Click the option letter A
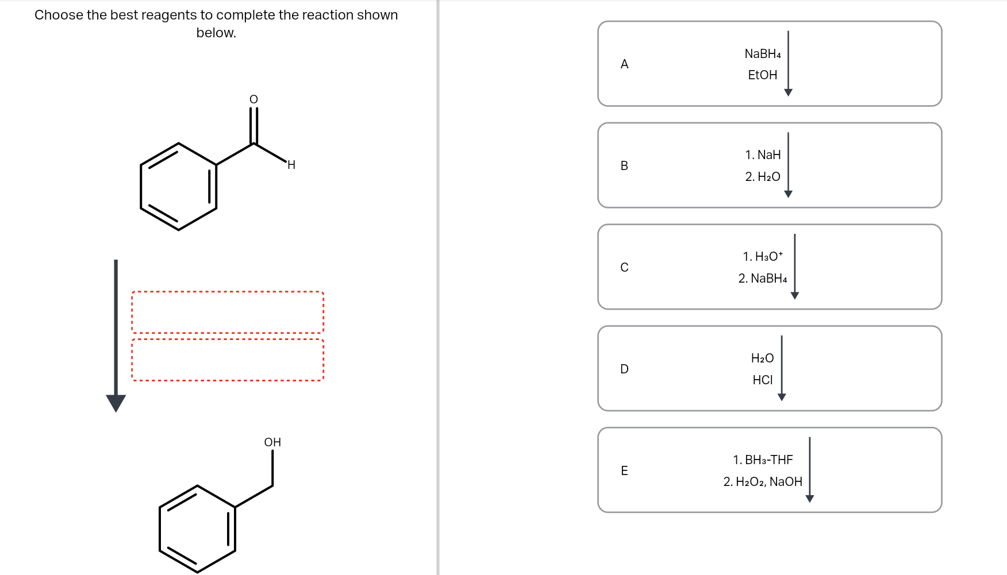[x=624, y=64]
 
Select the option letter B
[x=624, y=166]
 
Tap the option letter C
[x=624, y=268]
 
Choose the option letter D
[x=624, y=369]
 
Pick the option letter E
[x=624, y=471]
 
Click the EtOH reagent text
[x=762, y=75]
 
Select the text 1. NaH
[x=763, y=155]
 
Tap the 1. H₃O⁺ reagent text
[x=762, y=256]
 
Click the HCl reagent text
[x=762, y=380]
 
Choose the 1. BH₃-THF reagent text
[x=762, y=460]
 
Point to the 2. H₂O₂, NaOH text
[x=762, y=482]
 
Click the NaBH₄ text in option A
[x=762, y=54]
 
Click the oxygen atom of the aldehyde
[x=253, y=99]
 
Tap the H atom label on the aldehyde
[x=291, y=165]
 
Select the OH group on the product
[x=272, y=442]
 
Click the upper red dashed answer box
[x=228, y=312]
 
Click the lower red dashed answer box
[x=228, y=360]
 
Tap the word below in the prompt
[x=216, y=33]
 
